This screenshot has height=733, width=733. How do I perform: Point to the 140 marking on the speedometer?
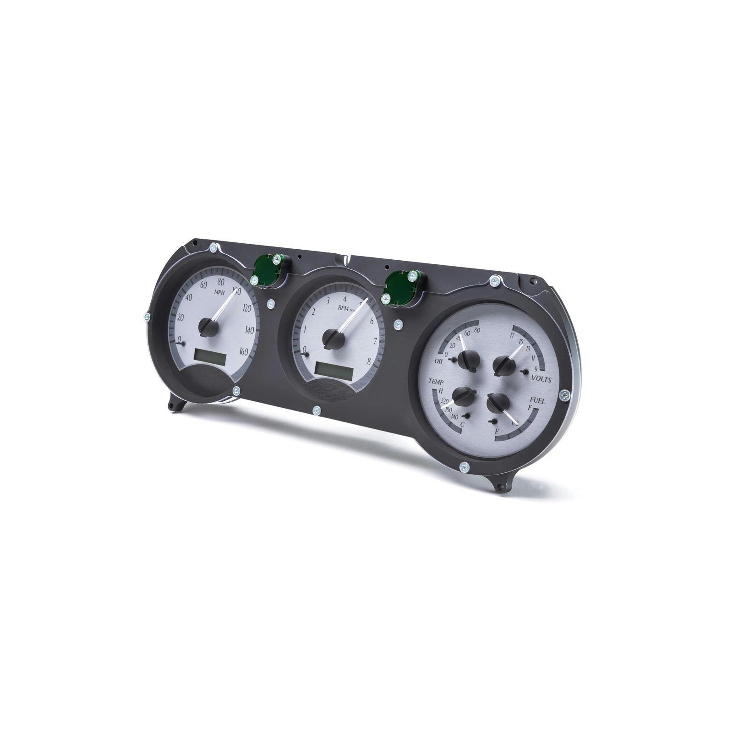tap(250, 330)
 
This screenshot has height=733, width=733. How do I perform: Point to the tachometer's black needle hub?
tap(333, 338)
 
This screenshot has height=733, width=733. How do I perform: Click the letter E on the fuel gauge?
tap(497, 431)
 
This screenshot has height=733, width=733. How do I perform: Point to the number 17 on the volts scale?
tap(512, 335)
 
